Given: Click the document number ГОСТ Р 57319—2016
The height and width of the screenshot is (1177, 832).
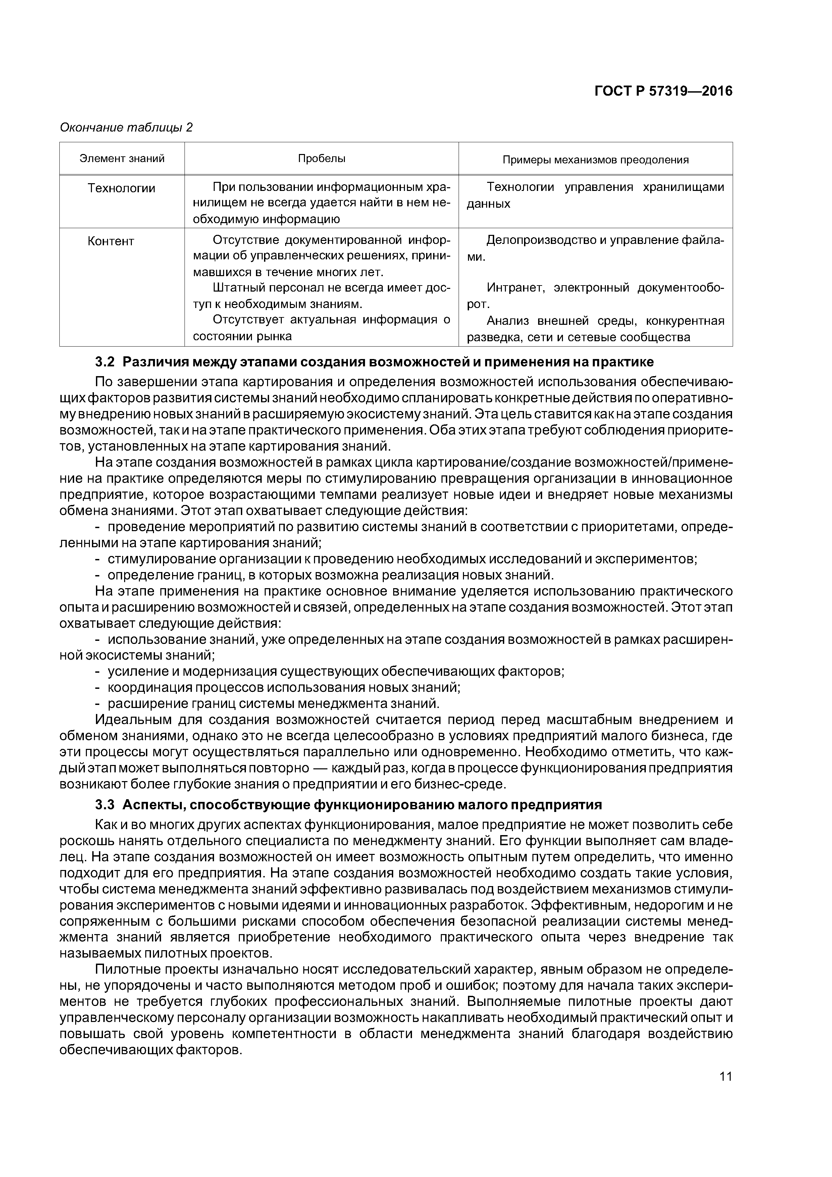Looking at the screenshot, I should pyautogui.click(x=663, y=91).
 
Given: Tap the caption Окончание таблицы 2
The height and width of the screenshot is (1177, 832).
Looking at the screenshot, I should pyautogui.click(x=126, y=127).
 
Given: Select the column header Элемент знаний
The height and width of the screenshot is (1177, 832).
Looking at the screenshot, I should pyautogui.click(x=122, y=158).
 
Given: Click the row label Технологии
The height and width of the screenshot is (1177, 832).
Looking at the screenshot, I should pyautogui.click(x=121, y=188).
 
